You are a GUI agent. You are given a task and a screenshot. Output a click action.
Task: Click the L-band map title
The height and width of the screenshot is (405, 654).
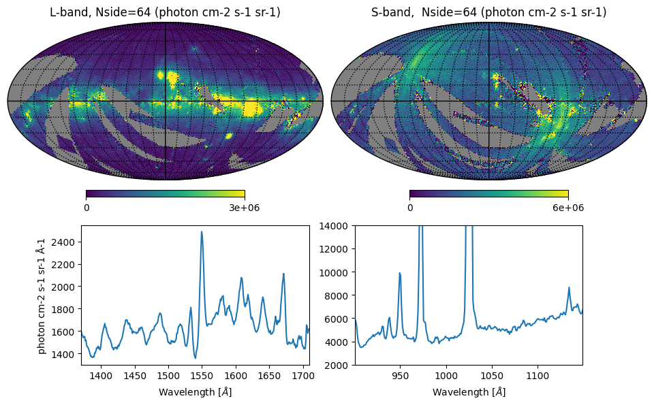click(165, 12)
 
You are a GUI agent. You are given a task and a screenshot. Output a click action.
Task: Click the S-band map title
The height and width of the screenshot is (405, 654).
click(488, 12)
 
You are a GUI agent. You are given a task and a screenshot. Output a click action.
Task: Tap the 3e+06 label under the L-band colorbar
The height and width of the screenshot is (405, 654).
click(245, 208)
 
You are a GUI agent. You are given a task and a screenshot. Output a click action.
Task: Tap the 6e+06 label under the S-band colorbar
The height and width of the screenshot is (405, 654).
click(567, 208)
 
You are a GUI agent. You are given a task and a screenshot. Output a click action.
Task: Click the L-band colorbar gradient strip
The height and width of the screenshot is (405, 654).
click(165, 193)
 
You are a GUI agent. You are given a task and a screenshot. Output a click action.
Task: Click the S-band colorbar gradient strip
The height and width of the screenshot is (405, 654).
click(488, 193)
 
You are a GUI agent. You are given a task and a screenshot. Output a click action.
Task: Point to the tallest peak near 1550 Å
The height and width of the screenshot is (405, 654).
click(202, 232)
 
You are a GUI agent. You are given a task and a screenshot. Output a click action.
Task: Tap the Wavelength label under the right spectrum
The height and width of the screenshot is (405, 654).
click(469, 392)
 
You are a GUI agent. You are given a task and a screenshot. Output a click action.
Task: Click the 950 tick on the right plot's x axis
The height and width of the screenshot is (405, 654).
click(400, 375)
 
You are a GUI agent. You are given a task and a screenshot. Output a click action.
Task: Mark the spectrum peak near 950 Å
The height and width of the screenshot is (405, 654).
click(400, 273)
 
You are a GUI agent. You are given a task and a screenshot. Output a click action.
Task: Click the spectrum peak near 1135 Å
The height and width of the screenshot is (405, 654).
click(569, 288)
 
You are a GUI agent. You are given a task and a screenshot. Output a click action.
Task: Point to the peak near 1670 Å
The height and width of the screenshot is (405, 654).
click(283, 274)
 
